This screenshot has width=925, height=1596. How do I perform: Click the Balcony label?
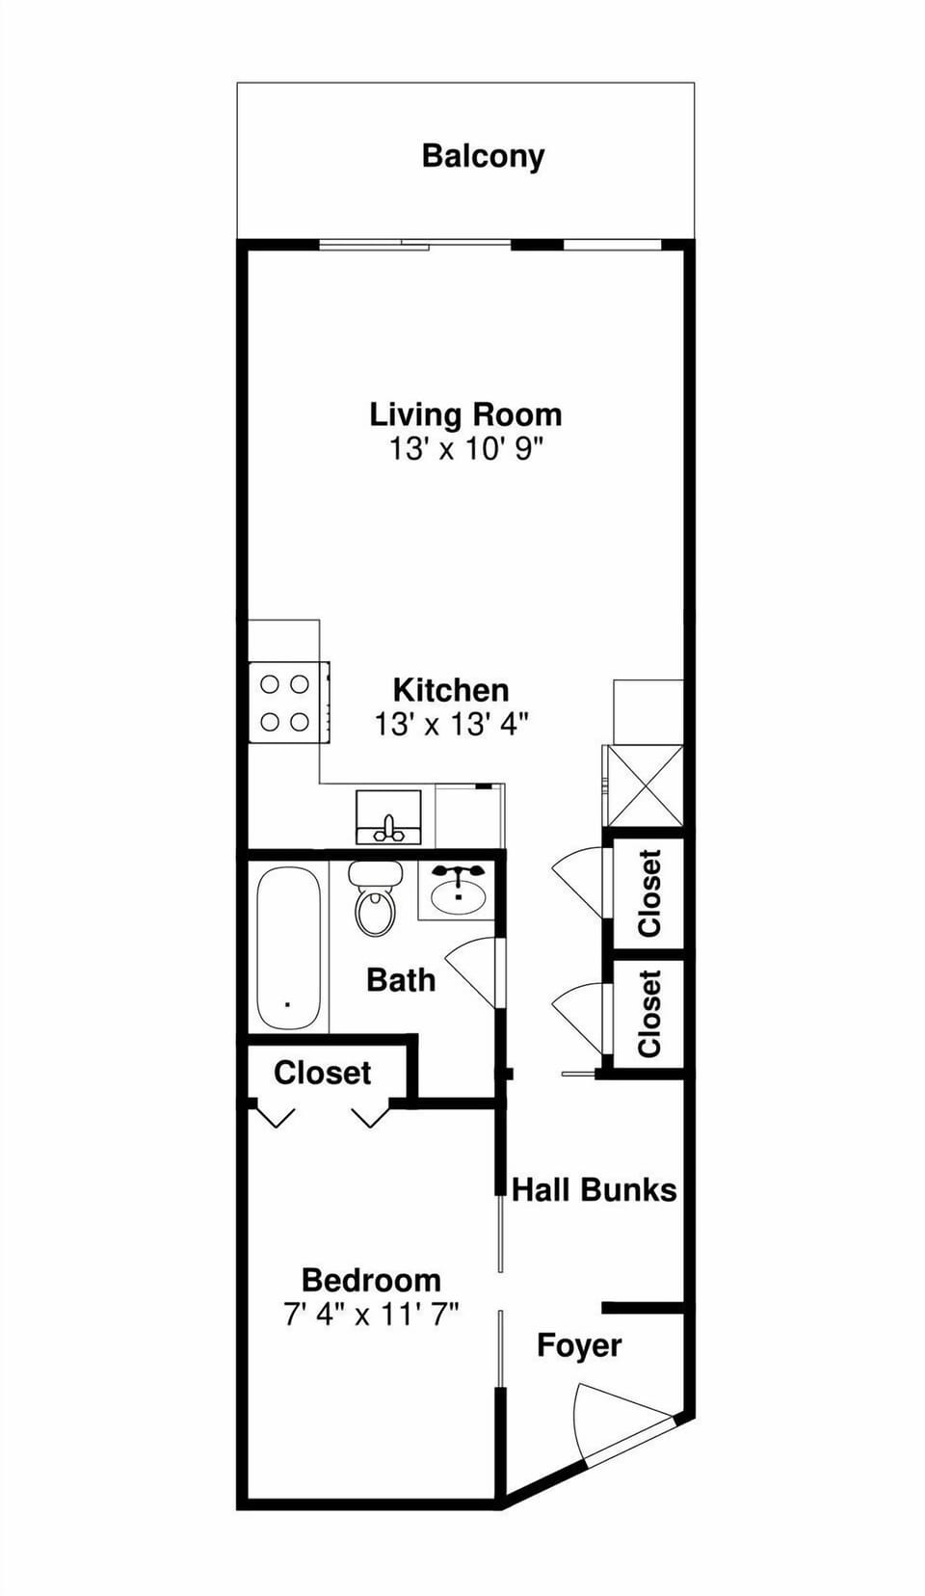483,156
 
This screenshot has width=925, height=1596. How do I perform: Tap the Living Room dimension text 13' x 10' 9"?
466,448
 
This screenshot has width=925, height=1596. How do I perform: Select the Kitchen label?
451,690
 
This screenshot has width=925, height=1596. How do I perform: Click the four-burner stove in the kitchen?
286,703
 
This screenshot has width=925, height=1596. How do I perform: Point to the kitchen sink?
388,818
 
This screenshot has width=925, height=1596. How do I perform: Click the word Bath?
401,980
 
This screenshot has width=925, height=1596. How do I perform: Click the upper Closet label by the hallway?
650,892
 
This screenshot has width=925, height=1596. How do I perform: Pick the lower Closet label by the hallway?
650,1014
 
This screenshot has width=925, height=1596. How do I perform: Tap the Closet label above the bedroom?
322,1073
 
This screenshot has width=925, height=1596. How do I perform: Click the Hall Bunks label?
594,1189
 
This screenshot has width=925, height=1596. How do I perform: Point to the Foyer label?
579,1345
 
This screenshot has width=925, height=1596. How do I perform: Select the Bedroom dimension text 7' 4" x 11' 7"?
371,1314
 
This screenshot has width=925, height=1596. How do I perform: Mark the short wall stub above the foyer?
643,1308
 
